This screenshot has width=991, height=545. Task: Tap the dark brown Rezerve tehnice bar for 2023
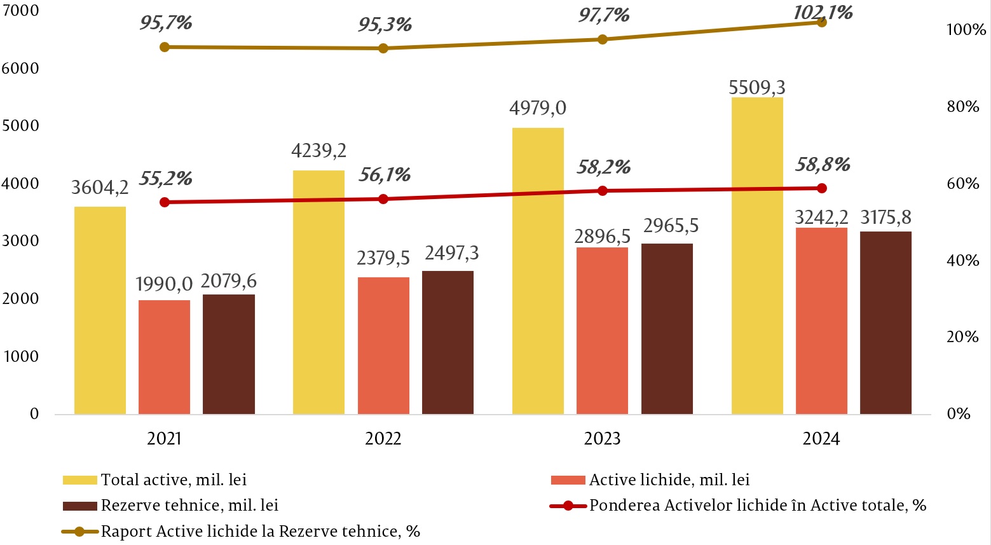pos(667,329)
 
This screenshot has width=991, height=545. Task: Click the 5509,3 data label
pos(757,86)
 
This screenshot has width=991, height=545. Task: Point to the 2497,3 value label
pos(452,253)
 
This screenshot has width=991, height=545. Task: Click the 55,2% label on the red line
pos(165,179)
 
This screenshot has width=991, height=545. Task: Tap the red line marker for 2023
pos(603,191)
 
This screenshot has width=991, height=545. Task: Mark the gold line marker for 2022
pos(383,48)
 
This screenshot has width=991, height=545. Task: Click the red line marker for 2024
pos(821,188)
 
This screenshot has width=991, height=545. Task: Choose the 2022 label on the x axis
pos(383,439)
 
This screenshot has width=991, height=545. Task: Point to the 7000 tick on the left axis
pos(20,11)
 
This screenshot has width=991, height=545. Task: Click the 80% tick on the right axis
pos(962,107)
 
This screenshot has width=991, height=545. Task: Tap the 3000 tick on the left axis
pos(20,241)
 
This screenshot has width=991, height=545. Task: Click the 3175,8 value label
pos(885,217)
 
